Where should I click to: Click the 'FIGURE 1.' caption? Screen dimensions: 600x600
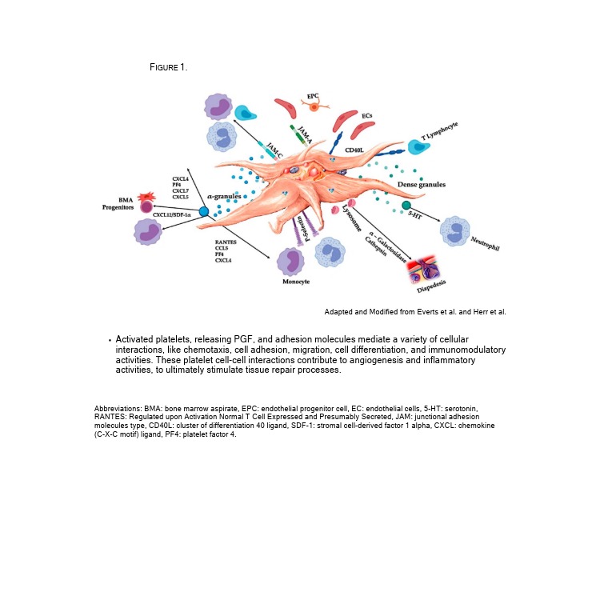tap(168, 67)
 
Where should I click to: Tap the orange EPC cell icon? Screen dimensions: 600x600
tap(314, 106)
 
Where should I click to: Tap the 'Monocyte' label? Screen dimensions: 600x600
tap(295, 282)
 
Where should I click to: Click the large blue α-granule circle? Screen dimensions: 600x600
tap(203, 211)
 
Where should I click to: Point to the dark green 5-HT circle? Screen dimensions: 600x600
tap(406, 206)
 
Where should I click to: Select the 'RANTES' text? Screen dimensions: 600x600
tap(225, 241)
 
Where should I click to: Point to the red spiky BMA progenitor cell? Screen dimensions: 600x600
tap(146, 198)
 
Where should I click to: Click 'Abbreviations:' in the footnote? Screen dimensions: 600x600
tap(118, 409)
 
